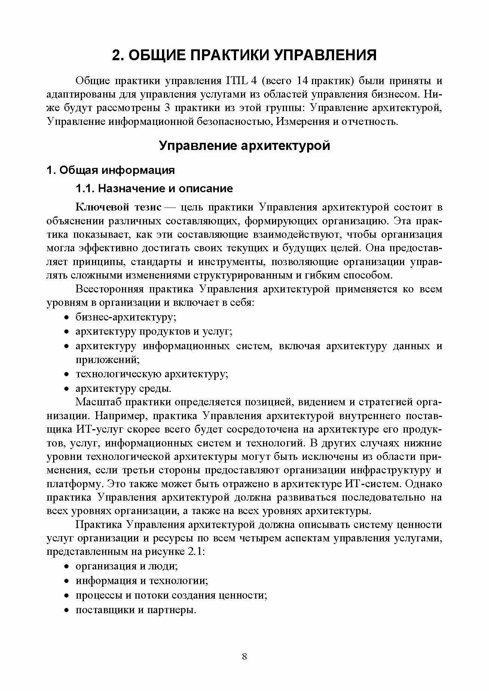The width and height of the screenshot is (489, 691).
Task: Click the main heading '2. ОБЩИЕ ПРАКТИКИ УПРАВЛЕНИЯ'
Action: (244, 55)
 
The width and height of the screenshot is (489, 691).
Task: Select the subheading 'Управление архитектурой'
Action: (244, 145)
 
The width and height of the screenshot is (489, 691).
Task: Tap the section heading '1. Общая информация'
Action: (110, 170)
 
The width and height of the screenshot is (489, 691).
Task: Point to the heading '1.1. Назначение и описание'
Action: (154, 188)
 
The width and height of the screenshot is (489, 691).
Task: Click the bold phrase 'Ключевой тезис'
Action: (119, 207)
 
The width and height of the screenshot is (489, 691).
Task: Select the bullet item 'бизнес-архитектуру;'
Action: (126, 317)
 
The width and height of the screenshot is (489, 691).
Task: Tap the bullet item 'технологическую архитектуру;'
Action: (152, 374)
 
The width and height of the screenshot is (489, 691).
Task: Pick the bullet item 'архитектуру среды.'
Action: (123, 389)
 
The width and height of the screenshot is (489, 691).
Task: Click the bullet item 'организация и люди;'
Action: (126, 566)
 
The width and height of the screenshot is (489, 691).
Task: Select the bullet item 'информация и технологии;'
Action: (142, 581)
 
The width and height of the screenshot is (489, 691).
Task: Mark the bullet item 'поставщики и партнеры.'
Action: (136, 610)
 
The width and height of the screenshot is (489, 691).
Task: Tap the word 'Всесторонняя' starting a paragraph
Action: (109, 289)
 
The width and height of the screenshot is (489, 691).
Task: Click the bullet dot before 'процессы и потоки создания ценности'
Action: (66, 596)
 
